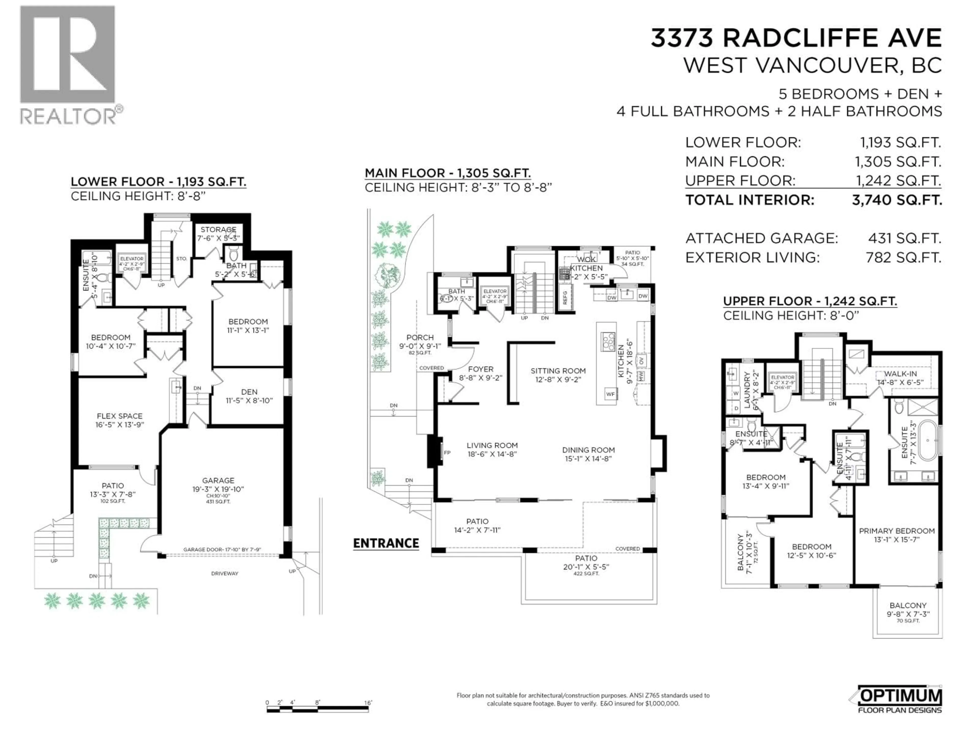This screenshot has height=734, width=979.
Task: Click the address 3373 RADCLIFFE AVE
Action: pyautogui.click(x=796, y=38)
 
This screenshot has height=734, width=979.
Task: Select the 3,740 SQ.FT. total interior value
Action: pyautogui.click(x=897, y=200)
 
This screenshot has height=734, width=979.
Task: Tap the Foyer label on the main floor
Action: pyautogui.click(x=481, y=369)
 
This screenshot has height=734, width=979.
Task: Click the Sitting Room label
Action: pyautogui.click(x=558, y=371)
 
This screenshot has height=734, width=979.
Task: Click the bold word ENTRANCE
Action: pyautogui.click(x=386, y=543)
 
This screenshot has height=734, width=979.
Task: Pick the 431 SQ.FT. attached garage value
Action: pyautogui.click(x=904, y=239)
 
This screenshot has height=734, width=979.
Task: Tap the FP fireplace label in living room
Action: pyautogui.click(x=447, y=453)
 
